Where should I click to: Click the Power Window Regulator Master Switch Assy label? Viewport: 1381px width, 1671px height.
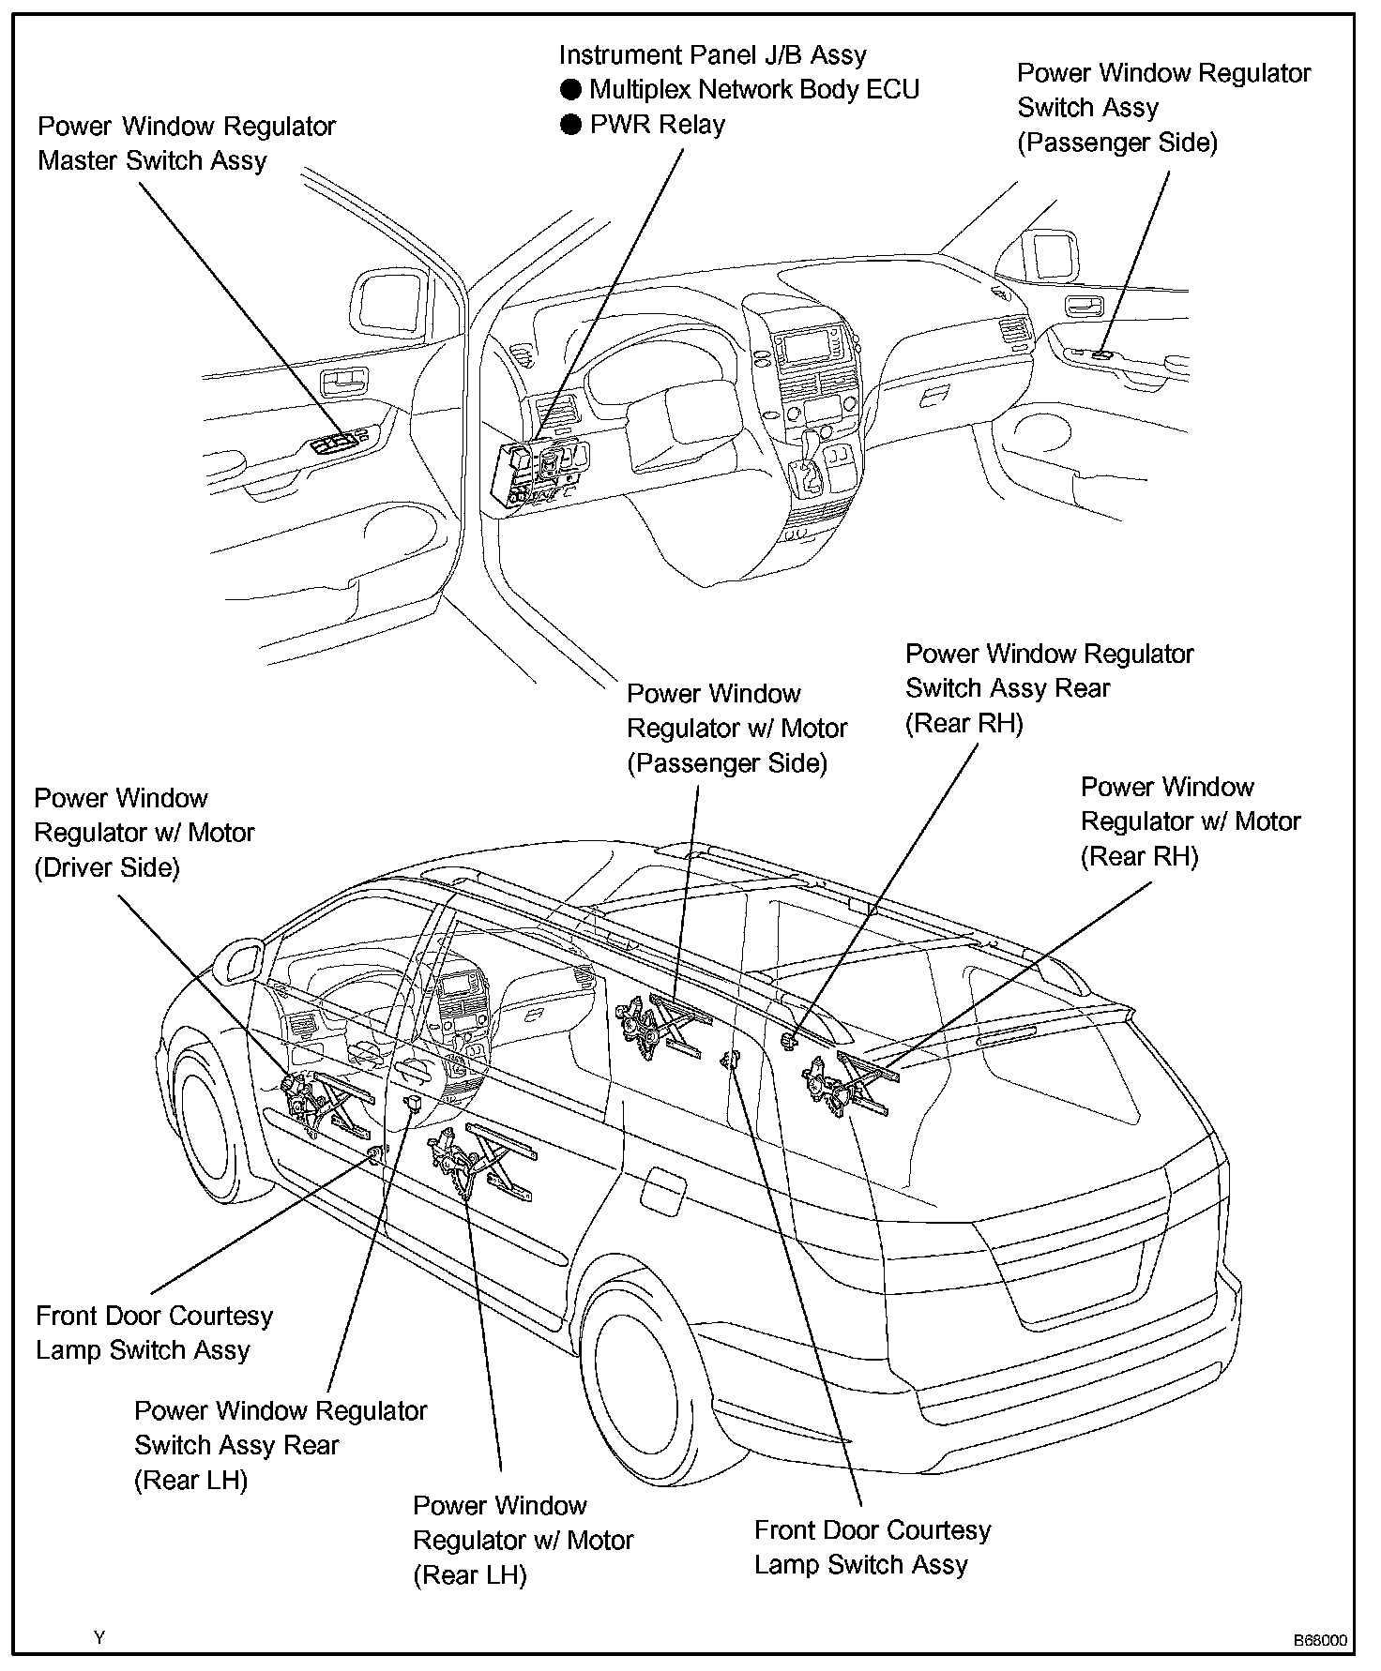coord(186,143)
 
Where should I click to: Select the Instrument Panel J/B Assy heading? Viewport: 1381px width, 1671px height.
coord(712,55)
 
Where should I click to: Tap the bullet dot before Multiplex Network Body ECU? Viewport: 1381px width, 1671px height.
coord(570,90)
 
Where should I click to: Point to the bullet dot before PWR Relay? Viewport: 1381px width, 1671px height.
coord(570,125)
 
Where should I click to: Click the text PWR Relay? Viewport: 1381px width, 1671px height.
coord(657,125)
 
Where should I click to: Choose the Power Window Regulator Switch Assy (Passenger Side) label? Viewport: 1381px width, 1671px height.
coord(1163,108)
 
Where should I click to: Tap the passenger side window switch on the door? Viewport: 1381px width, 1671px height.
coord(1104,355)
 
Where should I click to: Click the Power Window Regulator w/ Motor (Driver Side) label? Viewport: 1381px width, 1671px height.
coord(144,833)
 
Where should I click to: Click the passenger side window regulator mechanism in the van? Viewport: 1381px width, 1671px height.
coord(662,1027)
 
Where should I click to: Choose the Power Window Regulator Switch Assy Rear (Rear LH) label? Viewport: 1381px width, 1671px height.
coord(280,1445)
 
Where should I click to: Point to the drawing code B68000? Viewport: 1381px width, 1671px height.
coord(1320,1640)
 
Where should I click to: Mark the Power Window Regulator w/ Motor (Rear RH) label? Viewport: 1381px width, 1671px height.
coord(1190,821)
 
